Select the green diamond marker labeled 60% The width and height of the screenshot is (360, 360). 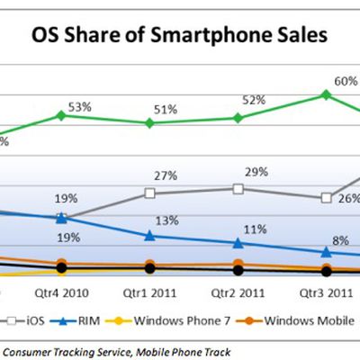click(x=326, y=95)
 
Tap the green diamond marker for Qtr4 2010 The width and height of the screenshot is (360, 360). click(x=61, y=115)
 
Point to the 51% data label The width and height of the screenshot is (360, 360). click(x=166, y=110)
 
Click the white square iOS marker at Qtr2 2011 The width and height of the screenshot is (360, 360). click(x=238, y=189)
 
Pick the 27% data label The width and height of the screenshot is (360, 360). click(x=166, y=175)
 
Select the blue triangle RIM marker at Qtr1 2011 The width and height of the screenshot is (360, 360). click(x=149, y=236)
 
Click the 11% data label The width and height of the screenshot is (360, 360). click(x=255, y=229)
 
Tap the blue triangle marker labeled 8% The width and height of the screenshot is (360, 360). click(x=326, y=252)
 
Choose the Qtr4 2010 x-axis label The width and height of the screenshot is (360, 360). click(x=61, y=293)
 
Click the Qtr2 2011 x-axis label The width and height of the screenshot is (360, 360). click(x=238, y=293)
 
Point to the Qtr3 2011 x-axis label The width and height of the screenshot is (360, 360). click(x=326, y=293)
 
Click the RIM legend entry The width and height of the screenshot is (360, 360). click(x=75, y=321)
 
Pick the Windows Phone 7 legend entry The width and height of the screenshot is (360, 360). click(x=167, y=321)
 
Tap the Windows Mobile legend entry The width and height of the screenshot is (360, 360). click(x=295, y=321)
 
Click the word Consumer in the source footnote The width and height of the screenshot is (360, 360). click(x=26, y=352)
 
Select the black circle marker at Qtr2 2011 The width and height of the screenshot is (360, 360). click(x=238, y=271)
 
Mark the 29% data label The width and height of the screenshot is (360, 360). click(x=256, y=172)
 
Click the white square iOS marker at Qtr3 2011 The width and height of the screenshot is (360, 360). click(x=326, y=198)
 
